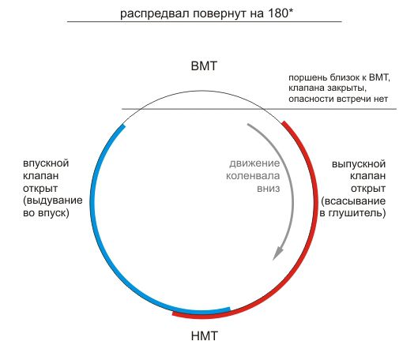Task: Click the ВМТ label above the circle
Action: click(x=204, y=66)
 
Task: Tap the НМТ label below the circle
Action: click(x=204, y=336)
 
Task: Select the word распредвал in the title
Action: click(x=156, y=13)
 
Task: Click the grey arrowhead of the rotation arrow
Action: click(x=278, y=252)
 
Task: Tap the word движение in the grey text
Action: click(x=254, y=163)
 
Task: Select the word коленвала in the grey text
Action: click(x=253, y=176)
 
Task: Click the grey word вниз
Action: click(x=269, y=189)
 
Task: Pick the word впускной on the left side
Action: click(x=46, y=163)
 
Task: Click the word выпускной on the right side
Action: click(x=359, y=164)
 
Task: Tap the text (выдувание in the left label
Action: click(x=53, y=201)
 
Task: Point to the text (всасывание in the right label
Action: click(x=353, y=201)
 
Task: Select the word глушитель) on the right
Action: click(x=357, y=213)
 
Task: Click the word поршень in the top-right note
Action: click(x=307, y=78)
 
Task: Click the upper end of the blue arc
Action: click(x=123, y=126)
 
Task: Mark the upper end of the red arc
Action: click(x=284, y=122)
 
